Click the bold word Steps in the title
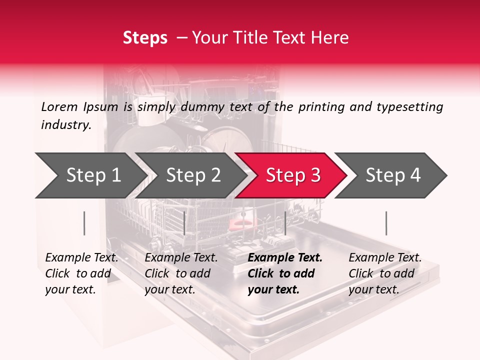click(x=145, y=38)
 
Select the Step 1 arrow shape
click(x=91, y=175)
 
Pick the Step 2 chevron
click(x=191, y=175)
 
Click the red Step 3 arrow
click(x=291, y=175)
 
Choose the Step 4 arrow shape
click(x=390, y=175)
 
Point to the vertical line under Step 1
click(x=84, y=223)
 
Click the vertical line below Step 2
click(x=184, y=223)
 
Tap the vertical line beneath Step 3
click(x=285, y=223)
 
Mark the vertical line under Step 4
click(x=386, y=223)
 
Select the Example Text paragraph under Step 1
click(x=81, y=273)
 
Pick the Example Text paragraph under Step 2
click(x=181, y=273)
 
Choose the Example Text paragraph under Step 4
click(x=385, y=273)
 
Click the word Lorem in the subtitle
click(x=59, y=107)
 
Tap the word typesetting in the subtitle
click(x=410, y=107)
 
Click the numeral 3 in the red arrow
click(x=316, y=175)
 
